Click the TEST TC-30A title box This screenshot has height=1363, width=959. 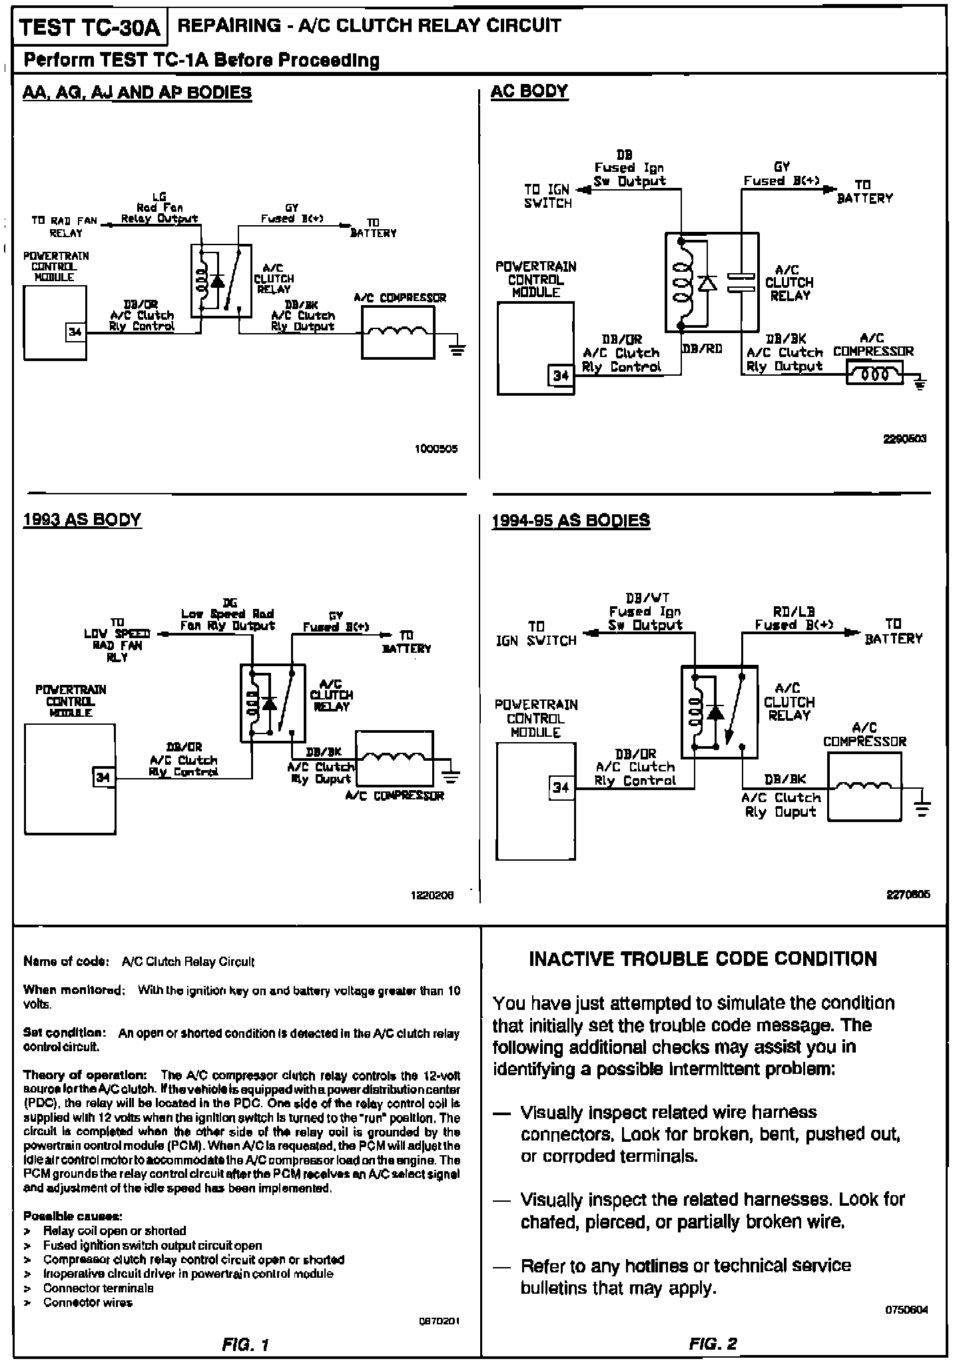pyautogui.click(x=90, y=29)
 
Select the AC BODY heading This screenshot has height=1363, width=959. pyautogui.click(x=529, y=91)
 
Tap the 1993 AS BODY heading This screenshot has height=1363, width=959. pyautogui.click(x=82, y=520)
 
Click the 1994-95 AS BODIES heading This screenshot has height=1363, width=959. pyautogui.click(x=571, y=520)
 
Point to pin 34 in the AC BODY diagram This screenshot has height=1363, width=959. pyautogui.click(x=561, y=376)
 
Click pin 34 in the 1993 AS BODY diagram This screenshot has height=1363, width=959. pyautogui.click(x=103, y=777)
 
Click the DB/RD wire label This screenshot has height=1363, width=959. pyautogui.click(x=703, y=348)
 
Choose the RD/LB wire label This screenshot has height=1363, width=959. pyautogui.click(x=794, y=611)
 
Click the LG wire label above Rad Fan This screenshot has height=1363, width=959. pyautogui.click(x=159, y=197)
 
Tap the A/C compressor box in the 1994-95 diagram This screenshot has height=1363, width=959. pyautogui.click(x=864, y=786)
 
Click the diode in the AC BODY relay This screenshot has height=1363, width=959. pyautogui.click(x=707, y=282)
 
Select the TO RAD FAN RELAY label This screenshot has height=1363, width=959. pyautogui.click(x=65, y=227)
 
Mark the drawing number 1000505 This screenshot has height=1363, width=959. pyautogui.click(x=436, y=449)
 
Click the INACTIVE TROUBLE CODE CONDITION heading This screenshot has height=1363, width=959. pyautogui.click(x=703, y=959)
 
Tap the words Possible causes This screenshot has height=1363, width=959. pyautogui.click(x=72, y=1216)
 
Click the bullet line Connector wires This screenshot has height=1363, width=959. pyautogui.click(x=88, y=1302)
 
